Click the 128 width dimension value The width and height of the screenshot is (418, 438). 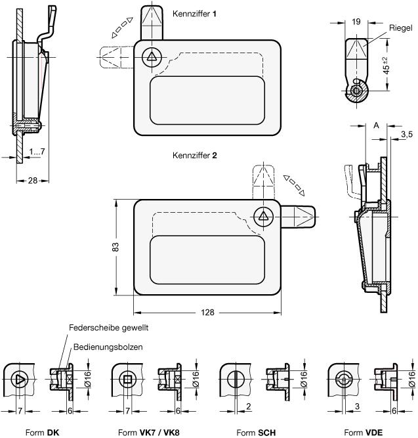tap(208, 313)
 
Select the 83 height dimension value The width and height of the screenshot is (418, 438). tap(115, 247)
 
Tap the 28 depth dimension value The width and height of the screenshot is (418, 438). tap(31, 181)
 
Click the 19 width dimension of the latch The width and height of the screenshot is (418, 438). tap(356, 22)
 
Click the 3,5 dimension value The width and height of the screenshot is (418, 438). tap(407, 135)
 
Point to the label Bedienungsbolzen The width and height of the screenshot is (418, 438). tap(108, 347)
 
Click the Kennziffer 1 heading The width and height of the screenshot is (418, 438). tap(195, 13)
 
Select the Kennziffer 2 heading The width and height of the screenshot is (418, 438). tap(195, 156)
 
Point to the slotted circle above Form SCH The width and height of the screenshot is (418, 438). tap(235, 379)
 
